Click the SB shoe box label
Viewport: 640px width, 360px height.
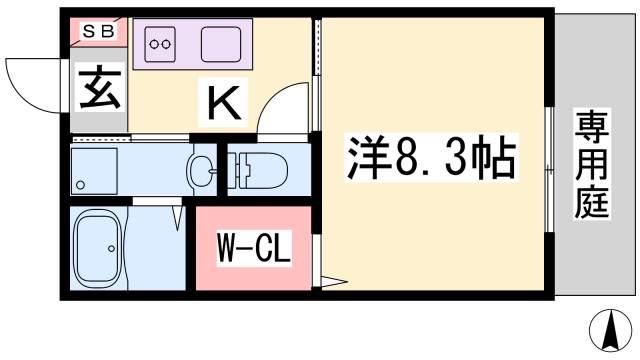(x=97, y=31)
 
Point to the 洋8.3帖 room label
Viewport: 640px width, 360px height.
(x=431, y=157)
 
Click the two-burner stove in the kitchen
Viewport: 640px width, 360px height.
(x=161, y=43)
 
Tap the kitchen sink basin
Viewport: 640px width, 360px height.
(x=222, y=43)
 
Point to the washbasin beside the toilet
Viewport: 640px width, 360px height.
(x=203, y=169)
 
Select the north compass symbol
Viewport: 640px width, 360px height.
(x=607, y=330)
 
